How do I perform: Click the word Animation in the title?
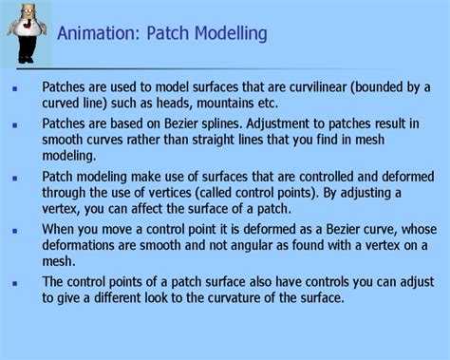coord(92,34)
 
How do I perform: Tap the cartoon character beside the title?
coord(24,33)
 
